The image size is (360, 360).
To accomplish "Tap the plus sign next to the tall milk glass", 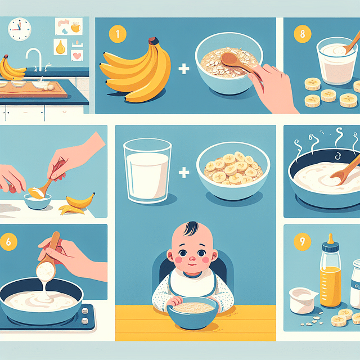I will pos(183,172).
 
